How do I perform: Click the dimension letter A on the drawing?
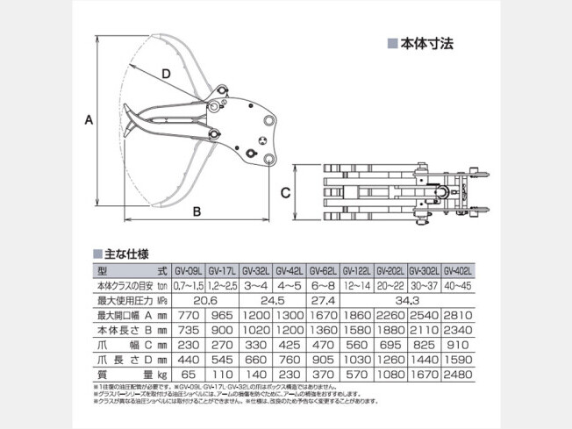[89, 123]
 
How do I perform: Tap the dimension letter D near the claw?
[166, 76]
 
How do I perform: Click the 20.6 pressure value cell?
[204, 301]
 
